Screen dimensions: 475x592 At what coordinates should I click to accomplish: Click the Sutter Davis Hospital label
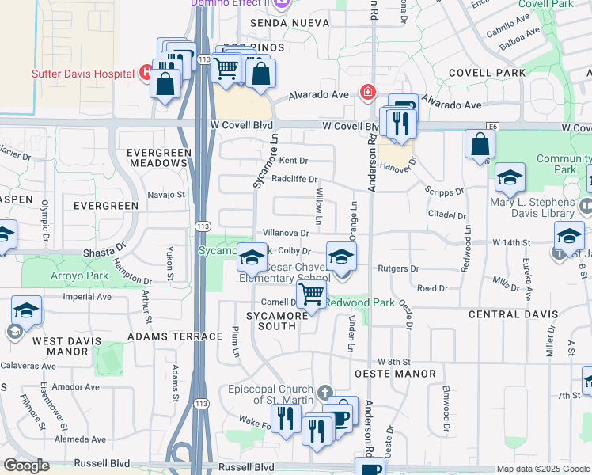coord(82,74)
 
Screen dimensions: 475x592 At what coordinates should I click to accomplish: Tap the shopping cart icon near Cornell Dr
coord(312,294)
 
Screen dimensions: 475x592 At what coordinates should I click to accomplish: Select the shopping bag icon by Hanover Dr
coord(480,144)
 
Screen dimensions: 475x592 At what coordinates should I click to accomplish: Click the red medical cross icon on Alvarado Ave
coord(367,93)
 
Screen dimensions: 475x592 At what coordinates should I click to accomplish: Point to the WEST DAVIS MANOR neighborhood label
coord(60,346)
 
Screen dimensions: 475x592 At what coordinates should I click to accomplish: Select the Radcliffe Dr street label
coord(294,179)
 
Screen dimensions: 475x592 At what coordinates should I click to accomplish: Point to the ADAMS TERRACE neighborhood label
coord(175,336)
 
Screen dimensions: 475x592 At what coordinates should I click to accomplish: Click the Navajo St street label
coord(166,194)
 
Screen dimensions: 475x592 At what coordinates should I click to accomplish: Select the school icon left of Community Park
coord(509,180)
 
